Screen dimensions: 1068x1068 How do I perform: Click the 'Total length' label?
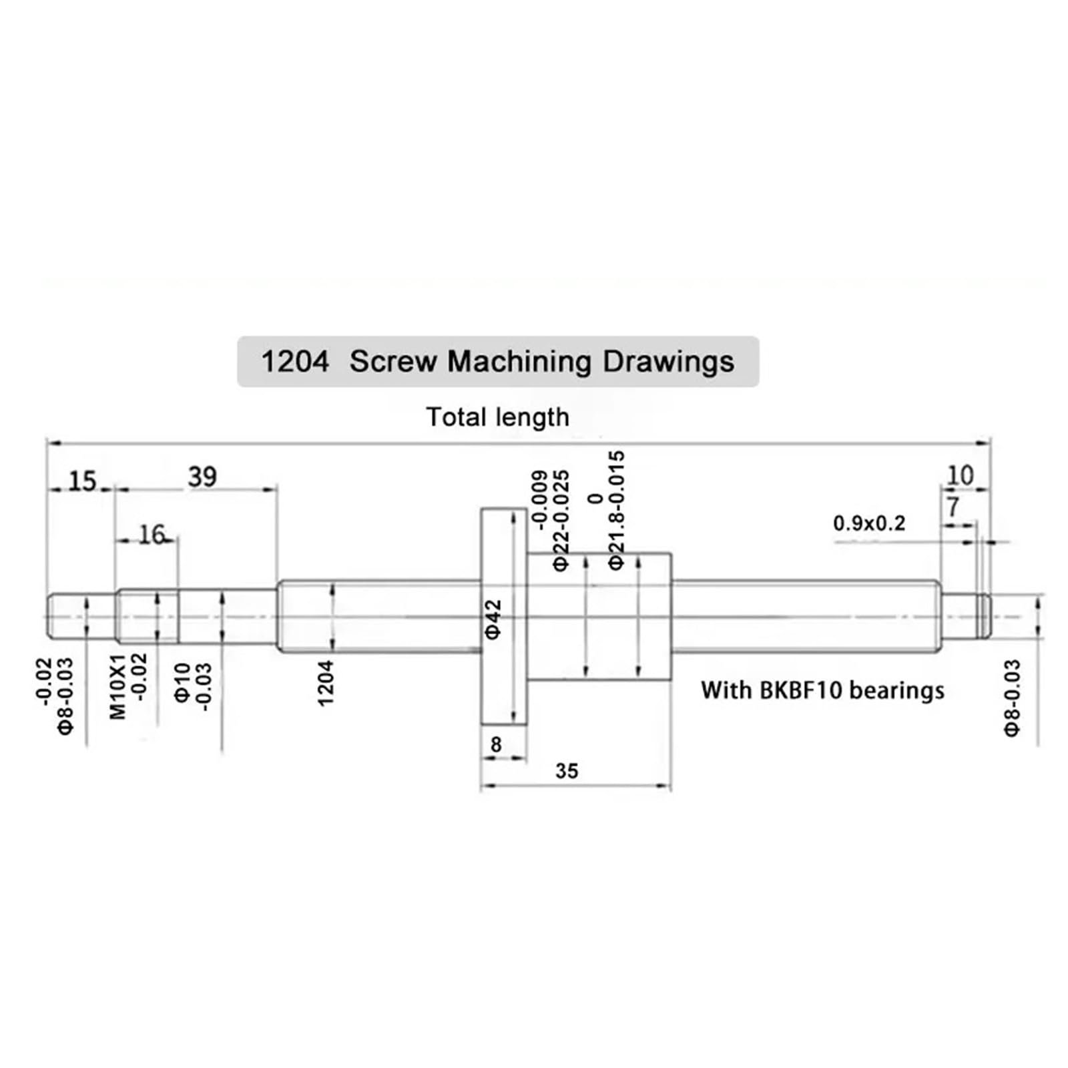(497, 417)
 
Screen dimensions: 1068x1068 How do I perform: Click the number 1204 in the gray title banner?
(294, 362)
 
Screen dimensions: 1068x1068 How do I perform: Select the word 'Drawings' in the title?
(668, 362)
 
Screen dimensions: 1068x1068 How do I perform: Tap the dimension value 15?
(83, 481)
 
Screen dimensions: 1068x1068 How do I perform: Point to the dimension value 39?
(202, 477)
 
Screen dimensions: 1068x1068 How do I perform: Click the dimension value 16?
(152, 534)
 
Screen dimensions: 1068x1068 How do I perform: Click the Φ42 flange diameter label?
(493, 619)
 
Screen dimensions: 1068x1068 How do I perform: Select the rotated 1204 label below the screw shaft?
(325, 683)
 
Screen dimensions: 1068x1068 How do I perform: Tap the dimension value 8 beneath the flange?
(496, 744)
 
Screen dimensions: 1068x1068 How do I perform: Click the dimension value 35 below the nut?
(566, 771)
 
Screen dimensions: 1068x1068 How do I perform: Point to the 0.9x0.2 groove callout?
(869, 523)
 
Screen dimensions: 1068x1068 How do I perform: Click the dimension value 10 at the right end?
(960, 475)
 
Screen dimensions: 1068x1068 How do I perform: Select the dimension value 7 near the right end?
(953, 507)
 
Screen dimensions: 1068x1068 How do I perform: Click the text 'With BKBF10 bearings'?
(822, 690)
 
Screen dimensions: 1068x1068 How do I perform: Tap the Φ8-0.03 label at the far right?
(1012, 698)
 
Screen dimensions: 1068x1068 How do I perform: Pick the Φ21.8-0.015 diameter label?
(616, 511)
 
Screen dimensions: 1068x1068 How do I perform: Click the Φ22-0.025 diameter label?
(561, 521)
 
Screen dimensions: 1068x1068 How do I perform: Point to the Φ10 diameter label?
(182, 682)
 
